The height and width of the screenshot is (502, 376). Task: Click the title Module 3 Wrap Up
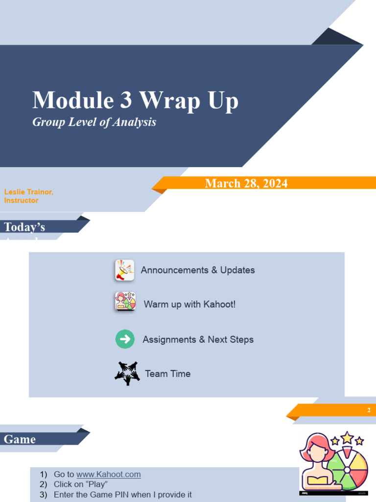(135, 100)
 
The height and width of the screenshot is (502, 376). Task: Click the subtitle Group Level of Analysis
(94, 122)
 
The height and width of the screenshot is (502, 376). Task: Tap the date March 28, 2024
(246, 183)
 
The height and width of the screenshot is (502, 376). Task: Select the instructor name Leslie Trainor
(28, 192)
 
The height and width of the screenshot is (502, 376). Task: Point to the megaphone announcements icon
(124, 270)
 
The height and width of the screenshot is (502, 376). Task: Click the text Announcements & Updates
(198, 270)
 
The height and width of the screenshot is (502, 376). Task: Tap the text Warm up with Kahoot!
(189, 304)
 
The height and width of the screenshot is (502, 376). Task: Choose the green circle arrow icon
(125, 339)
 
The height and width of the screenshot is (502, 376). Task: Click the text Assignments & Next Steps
(198, 339)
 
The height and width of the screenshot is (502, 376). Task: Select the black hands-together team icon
(127, 374)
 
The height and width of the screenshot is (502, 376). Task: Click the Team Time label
(167, 374)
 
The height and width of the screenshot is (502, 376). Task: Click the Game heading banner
(20, 439)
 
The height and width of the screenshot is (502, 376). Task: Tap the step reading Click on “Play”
(81, 484)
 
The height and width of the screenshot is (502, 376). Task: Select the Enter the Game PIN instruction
(122, 495)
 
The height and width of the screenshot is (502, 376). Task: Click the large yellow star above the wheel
(347, 437)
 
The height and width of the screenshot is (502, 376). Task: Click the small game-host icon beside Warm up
(125, 301)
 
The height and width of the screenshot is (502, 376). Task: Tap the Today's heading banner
(24, 227)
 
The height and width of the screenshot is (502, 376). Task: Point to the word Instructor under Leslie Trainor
(21, 201)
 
